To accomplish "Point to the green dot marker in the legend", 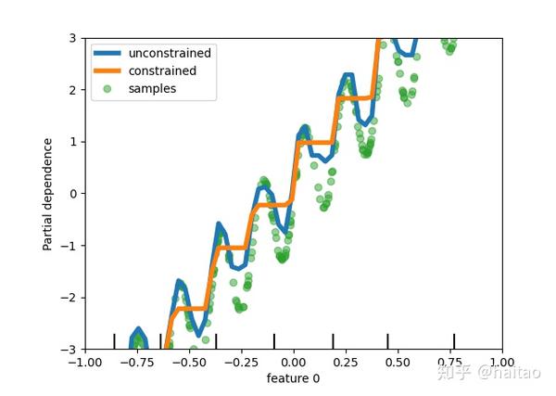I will click(x=107, y=88).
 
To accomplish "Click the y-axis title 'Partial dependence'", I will click(x=47, y=194).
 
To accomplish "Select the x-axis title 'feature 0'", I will click(x=294, y=378).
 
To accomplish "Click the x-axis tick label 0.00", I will click(x=294, y=362).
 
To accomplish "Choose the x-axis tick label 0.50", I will click(x=398, y=362).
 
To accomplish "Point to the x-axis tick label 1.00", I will click(x=502, y=362).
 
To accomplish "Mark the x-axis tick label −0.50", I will click(x=187, y=362).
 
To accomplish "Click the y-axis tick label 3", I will click(x=72, y=38).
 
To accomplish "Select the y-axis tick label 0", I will click(x=72, y=194).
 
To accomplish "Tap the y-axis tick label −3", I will click(x=69, y=350).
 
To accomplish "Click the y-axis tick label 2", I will click(x=72, y=90).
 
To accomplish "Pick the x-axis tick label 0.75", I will click(x=450, y=362).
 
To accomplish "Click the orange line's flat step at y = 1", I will click(x=316, y=142).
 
